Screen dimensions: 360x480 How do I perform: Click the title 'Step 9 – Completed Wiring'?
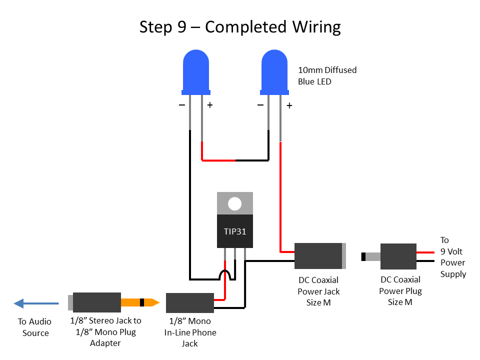coord(240,26)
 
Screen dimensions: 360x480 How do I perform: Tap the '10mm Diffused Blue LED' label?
coord(327,75)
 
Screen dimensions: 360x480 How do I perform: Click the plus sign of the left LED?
coord(210,105)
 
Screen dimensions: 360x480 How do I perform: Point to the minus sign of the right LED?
coord(260,105)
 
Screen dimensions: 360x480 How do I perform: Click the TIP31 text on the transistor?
coord(234,232)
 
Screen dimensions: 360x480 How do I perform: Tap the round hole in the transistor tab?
coord(234,203)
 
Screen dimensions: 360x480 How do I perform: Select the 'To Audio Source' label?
coord(35,327)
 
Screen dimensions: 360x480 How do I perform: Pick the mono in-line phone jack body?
coord(189,303)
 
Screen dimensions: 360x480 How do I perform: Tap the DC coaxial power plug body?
coord(398,256)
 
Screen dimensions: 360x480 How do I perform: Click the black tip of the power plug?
coord(363,257)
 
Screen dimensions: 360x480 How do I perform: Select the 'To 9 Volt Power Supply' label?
coord(452,257)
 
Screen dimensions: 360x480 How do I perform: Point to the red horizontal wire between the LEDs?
coord(218,160)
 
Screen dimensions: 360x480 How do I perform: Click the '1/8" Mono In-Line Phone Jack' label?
coord(190,332)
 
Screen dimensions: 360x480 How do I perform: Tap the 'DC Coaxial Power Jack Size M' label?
coord(318,291)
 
